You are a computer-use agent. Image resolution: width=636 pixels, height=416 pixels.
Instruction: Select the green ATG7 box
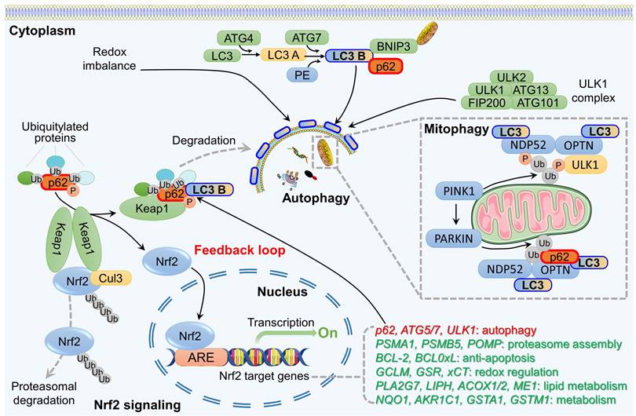pyautogui.click(x=309, y=38)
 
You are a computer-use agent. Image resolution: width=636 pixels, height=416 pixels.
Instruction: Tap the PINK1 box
pyautogui.click(x=458, y=190)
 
